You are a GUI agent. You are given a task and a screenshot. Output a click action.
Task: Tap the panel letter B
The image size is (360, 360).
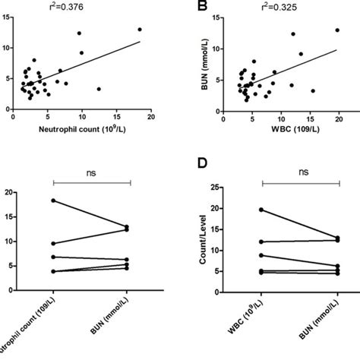(201, 8)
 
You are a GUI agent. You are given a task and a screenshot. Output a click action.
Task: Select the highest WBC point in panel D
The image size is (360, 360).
(262, 210)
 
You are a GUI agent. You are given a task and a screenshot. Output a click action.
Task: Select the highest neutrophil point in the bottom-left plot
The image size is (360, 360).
(54, 201)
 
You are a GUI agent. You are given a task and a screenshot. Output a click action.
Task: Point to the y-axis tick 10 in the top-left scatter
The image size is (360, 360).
(6, 48)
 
